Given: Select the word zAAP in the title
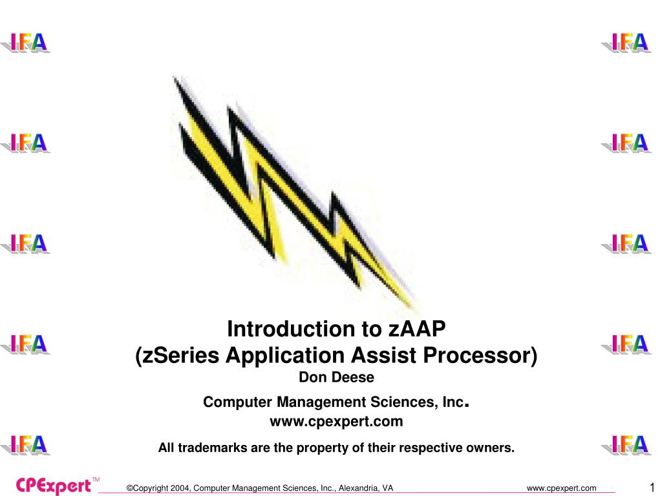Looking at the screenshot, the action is point(417,329).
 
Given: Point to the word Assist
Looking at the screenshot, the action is point(384,355).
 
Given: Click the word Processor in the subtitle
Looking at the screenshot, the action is point(476,355).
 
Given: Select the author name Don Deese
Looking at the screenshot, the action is point(336,377).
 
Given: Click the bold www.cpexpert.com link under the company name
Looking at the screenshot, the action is point(336,421).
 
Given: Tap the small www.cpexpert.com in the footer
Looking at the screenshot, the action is point(562,488).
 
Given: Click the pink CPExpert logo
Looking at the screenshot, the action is point(53,486).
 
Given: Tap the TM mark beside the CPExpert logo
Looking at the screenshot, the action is point(96,480).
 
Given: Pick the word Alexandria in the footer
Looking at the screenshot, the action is point(359,488).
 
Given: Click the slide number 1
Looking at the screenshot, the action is point(652,487).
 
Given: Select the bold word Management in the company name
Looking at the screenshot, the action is point(321,402).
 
